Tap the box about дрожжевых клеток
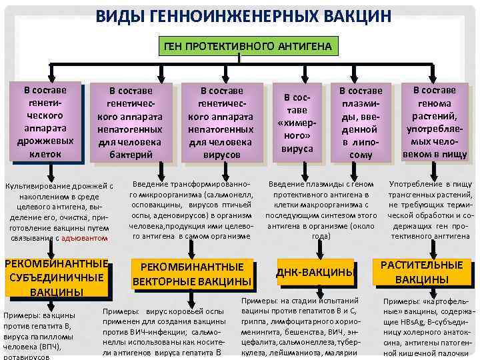(45, 122)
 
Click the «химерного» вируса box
(297, 122)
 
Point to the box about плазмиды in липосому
(361, 122)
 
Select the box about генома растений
(435, 122)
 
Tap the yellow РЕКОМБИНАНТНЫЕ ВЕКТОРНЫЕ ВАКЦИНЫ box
(193, 274)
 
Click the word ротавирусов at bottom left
(25, 357)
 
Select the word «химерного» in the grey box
(297, 123)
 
